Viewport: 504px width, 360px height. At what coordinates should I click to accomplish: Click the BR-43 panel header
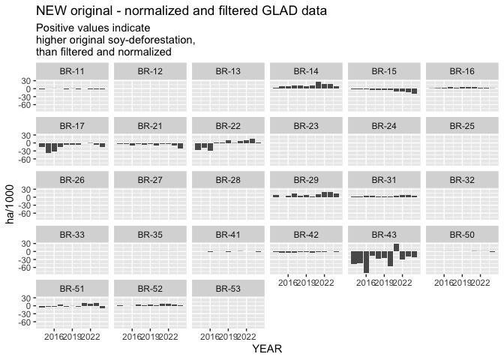coord(384,233)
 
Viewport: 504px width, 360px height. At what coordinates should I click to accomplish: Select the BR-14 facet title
coord(306,71)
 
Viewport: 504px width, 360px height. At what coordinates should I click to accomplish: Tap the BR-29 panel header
coord(306,179)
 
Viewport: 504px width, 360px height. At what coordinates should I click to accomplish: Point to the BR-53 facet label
coord(228,287)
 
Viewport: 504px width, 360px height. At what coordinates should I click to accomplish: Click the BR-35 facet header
coord(150,233)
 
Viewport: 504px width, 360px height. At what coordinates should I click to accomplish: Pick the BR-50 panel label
coord(462,233)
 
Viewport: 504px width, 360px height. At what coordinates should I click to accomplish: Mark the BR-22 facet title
coord(228,125)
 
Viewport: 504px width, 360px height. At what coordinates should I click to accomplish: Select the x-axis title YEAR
coord(267,349)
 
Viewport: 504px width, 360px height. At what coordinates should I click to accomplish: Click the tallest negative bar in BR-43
coord(366,261)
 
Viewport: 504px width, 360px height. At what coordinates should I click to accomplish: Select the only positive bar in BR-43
coord(396,247)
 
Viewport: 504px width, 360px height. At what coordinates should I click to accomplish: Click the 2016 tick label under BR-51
coord(54,336)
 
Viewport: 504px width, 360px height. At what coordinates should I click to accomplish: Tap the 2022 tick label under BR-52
coord(169,336)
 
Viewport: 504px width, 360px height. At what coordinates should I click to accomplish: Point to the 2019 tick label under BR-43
coord(384,282)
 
